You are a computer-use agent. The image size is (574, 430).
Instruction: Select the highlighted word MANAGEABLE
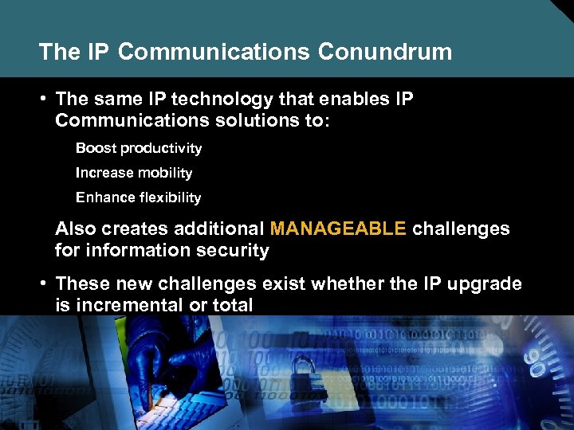point(338,229)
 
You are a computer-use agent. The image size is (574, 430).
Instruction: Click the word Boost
point(95,149)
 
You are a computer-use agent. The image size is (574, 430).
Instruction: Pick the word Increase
point(104,174)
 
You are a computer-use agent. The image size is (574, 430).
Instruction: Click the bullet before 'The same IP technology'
point(46,100)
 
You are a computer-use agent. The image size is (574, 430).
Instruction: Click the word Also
point(74,229)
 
